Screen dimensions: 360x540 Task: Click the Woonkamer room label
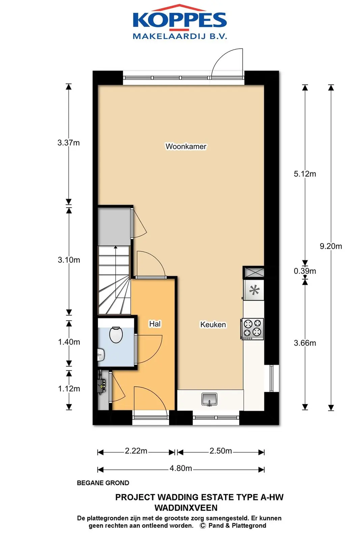click(186, 146)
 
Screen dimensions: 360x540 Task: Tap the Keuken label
click(213, 324)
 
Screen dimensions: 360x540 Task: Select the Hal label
click(155, 324)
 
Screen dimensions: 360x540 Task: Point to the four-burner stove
click(252, 329)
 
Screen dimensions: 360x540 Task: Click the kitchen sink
click(209, 399)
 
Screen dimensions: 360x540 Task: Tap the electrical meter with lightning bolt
click(101, 386)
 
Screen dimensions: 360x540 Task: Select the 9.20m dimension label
click(331, 246)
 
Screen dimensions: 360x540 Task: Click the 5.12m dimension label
click(305, 174)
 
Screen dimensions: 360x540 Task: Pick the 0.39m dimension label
click(305, 271)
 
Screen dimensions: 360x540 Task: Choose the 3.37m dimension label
click(68, 143)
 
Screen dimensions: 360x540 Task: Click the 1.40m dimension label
click(69, 342)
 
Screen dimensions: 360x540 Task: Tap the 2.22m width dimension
click(136, 451)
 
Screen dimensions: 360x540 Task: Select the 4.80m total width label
click(181, 468)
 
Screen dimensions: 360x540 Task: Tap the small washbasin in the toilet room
click(101, 355)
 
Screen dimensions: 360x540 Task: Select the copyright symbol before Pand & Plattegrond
click(203, 526)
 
